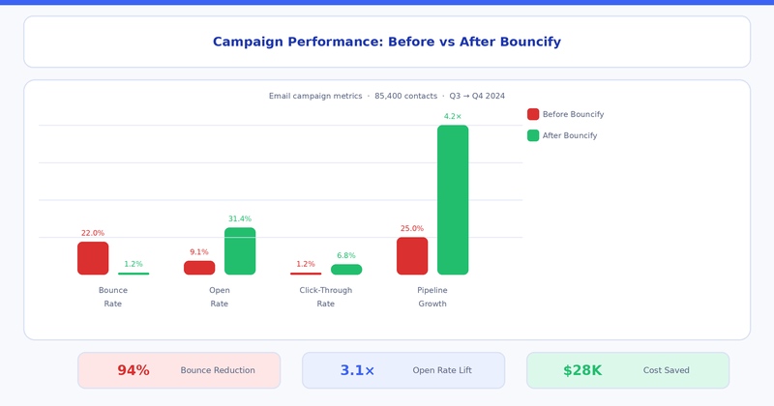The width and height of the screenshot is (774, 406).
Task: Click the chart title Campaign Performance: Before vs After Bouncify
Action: [x=387, y=43]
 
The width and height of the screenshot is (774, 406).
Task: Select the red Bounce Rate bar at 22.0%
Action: [x=93, y=258]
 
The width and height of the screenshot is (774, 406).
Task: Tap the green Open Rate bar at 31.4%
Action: [x=240, y=251]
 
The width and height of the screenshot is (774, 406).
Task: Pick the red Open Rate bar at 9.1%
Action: [x=199, y=268]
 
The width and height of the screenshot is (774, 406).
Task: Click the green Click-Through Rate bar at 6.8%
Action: [x=346, y=270]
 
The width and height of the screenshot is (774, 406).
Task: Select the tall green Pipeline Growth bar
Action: [x=453, y=200]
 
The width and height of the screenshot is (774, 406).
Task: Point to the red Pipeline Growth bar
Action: [x=412, y=256]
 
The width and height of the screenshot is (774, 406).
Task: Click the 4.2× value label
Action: [x=453, y=117]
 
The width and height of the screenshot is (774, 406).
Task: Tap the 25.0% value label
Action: [x=412, y=229]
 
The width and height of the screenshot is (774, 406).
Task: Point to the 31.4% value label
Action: [x=240, y=219]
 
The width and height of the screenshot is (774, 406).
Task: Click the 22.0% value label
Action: [x=93, y=234]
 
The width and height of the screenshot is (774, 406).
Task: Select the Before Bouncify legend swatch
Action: [x=533, y=114]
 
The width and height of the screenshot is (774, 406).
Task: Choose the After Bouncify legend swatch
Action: [x=533, y=135]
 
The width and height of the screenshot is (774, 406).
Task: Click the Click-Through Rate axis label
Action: [x=326, y=297]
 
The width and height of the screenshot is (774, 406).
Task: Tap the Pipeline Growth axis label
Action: [x=432, y=297]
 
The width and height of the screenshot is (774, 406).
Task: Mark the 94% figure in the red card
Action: [x=134, y=370]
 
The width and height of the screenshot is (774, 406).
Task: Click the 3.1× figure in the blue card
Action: [x=357, y=370]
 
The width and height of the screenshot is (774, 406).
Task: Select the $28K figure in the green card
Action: [x=582, y=370]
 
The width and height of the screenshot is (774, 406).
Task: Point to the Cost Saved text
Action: [x=667, y=370]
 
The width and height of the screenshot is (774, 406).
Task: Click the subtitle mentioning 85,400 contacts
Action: [x=387, y=97]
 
